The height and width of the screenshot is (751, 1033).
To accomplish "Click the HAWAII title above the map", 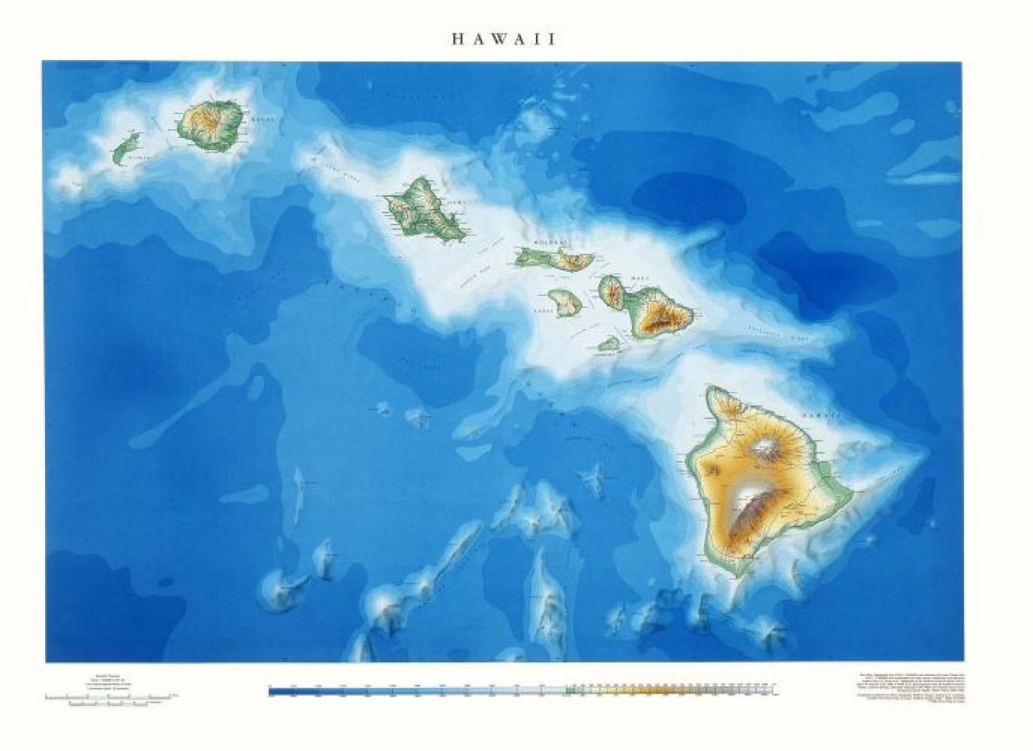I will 503,39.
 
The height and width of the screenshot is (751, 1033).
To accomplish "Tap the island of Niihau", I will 126,148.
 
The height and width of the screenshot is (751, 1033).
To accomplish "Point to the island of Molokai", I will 554,258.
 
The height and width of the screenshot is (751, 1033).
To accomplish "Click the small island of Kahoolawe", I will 608,344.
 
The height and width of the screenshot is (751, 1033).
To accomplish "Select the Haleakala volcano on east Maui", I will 663,319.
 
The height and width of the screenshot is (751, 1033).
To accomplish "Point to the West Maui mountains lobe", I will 612,290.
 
